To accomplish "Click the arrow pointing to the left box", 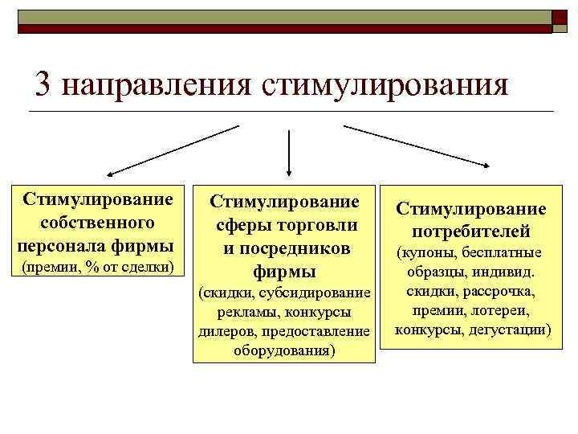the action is [173, 149].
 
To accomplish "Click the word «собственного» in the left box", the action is [97, 221].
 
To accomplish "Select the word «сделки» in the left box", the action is [149, 265].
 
